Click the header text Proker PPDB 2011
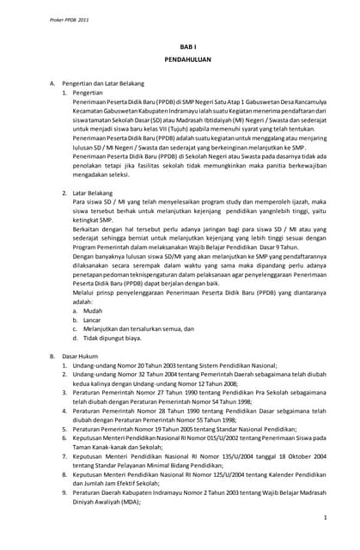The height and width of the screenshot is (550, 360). [42, 18]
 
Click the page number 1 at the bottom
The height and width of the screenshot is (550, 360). [325, 518]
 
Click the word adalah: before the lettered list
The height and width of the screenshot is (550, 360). [83, 300]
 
